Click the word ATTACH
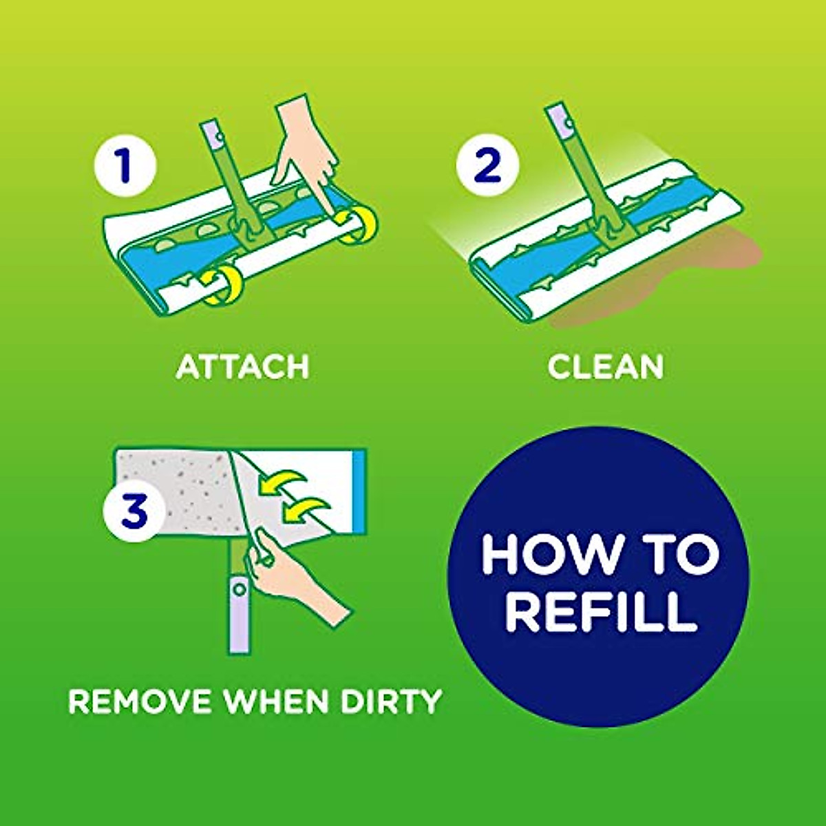pos(242,367)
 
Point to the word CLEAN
pos(606,367)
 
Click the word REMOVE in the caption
pos(140,701)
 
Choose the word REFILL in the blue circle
pos(601,613)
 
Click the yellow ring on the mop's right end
pos(359,225)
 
